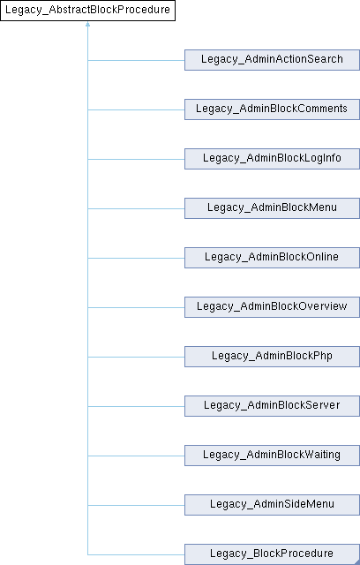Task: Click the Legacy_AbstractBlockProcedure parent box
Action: pyautogui.click(x=87, y=11)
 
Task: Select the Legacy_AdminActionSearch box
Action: pyautogui.click(x=272, y=60)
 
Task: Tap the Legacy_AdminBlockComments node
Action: pyautogui.click(x=272, y=109)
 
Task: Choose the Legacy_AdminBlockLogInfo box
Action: pyautogui.click(x=272, y=159)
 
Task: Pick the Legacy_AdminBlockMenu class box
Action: pyautogui.click(x=272, y=208)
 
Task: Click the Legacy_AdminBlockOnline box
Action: pyautogui.click(x=272, y=257)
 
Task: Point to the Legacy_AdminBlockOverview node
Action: pyautogui.click(x=272, y=307)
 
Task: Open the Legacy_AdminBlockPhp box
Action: pyautogui.click(x=272, y=357)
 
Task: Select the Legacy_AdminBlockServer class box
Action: pyautogui.click(x=272, y=406)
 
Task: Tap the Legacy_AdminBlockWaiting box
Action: pyautogui.click(x=272, y=456)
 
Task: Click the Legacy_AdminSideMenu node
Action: pyautogui.click(x=272, y=504)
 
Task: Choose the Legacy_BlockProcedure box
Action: pyautogui.click(x=272, y=554)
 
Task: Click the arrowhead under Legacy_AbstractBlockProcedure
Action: pyautogui.click(x=87, y=24)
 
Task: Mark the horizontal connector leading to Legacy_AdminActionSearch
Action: pyautogui.click(x=136, y=60)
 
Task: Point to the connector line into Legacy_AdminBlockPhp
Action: pyautogui.click(x=136, y=357)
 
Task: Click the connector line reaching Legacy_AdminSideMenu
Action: pyautogui.click(x=136, y=505)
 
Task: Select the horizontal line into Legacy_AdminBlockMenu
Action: pyautogui.click(x=136, y=208)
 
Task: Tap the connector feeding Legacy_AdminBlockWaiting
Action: pyautogui.click(x=136, y=456)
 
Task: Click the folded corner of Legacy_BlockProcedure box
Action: pyautogui.click(x=357, y=546)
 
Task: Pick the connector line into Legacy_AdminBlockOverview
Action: pyautogui.click(x=136, y=307)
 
